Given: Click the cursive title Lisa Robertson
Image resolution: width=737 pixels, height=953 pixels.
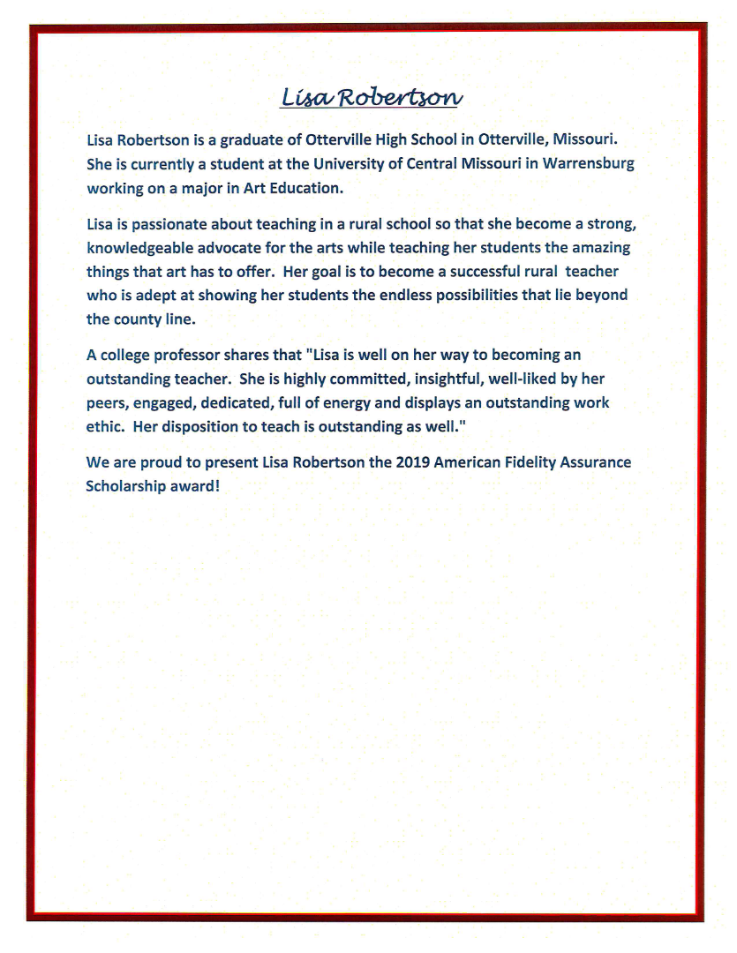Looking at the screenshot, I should click(x=371, y=96).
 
